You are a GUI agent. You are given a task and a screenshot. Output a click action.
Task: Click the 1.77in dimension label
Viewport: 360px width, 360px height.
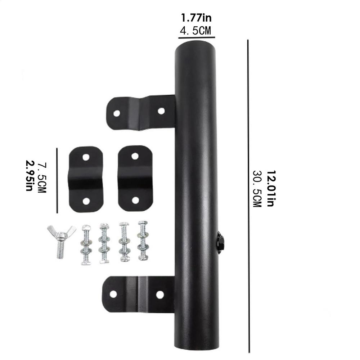[x=197, y=17]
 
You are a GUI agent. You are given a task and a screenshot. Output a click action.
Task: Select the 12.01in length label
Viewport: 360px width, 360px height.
[x=270, y=188]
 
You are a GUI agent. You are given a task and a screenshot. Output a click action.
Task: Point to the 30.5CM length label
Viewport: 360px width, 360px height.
[x=257, y=188]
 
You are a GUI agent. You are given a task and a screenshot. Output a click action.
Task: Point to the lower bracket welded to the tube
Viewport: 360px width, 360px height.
[x=139, y=294]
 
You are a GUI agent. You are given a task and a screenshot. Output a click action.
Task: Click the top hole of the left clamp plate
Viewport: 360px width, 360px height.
[x=86, y=157]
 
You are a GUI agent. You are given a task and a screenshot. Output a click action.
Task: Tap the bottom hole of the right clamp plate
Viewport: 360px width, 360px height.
[x=135, y=200]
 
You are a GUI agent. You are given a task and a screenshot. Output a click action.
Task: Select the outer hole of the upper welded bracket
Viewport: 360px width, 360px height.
[x=117, y=113]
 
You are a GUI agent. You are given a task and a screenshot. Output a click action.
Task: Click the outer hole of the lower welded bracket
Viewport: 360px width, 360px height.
[x=113, y=294]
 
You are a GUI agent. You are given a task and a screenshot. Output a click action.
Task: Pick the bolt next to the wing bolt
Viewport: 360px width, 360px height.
[x=86, y=244]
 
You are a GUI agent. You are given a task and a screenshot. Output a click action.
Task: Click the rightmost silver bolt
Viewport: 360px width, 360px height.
[x=143, y=240]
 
